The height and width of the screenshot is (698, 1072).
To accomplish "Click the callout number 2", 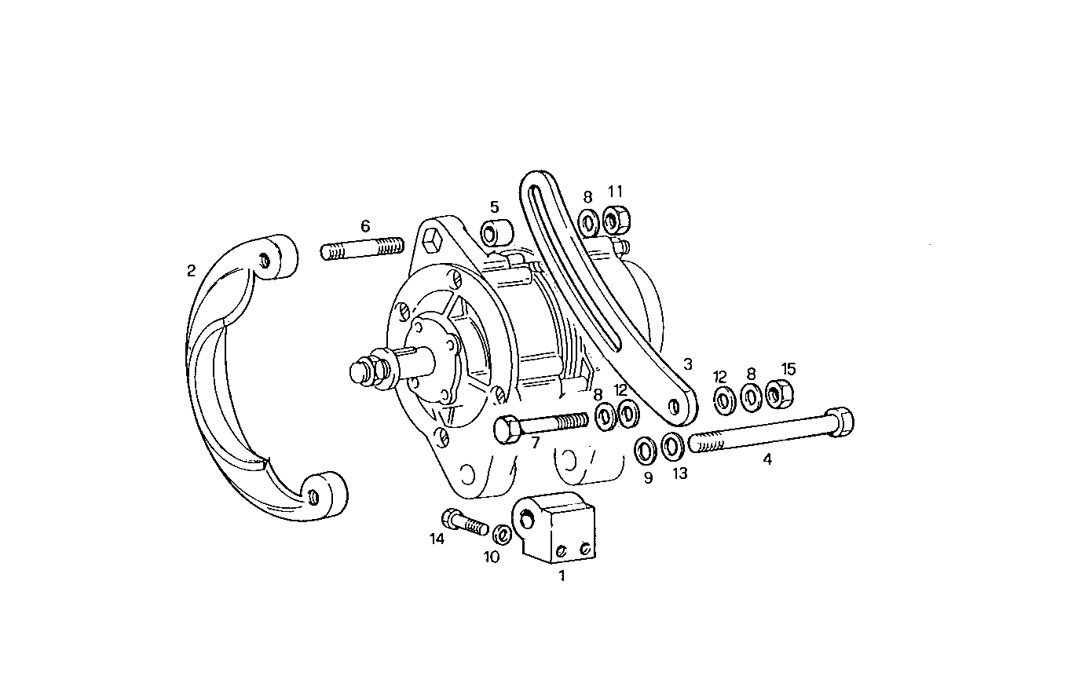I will click(x=191, y=271).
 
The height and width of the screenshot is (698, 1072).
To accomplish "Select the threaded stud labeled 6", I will click(x=363, y=250).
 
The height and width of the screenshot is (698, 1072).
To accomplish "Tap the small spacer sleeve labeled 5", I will click(x=498, y=233).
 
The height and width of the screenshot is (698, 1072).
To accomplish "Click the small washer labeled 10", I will click(x=501, y=535).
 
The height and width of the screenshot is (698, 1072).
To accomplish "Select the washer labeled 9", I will click(x=646, y=451).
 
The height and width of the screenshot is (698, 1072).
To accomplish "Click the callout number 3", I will click(x=688, y=364).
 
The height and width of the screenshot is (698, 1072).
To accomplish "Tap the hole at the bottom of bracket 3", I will click(x=673, y=405).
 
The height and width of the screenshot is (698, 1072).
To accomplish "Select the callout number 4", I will click(x=767, y=460).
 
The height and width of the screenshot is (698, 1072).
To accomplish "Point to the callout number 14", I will click(x=437, y=539).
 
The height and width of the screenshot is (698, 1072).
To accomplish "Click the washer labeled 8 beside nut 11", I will click(x=588, y=221).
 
